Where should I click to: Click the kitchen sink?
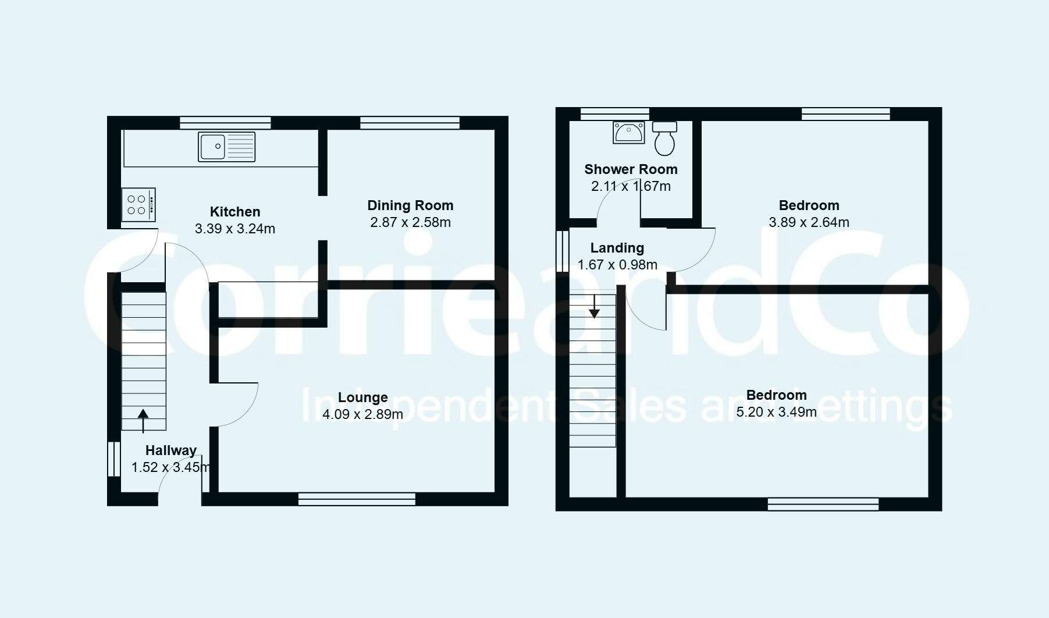pyautogui.click(x=226, y=146)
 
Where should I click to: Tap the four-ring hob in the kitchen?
pyautogui.click(x=138, y=204)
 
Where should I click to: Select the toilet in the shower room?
pyautogui.click(x=664, y=138)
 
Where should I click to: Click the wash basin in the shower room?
pyautogui.click(x=628, y=133)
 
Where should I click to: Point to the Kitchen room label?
pyautogui.click(x=235, y=212)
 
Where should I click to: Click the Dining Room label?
pyautogui.click(x=410, y=205)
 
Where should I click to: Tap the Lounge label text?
pyautogui.click(x=362, y=397)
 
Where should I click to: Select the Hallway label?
pyautogui.click(x=170, y=450)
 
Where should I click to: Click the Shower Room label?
pyautogui.click(x=631, y=169)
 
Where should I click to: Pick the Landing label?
pyautogui.click(x=617, y=248)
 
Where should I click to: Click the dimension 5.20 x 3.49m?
pyautogui.click(x=776, y=413)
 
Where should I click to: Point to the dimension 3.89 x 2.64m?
pyautogui.click(x=809, y=222)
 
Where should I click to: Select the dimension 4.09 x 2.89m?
pyautogui.click(x=362, y=414)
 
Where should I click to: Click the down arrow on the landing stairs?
pyautogui.click(x=594, y=307)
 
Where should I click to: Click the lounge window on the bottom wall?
pyautogui.click(x=357, y=499)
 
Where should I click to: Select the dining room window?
pyautogui.click(x=410, y=122)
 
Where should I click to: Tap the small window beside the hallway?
pyautogui.click(x=113, y=459)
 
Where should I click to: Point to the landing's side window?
pyautogui.click(x=562, y=251)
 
